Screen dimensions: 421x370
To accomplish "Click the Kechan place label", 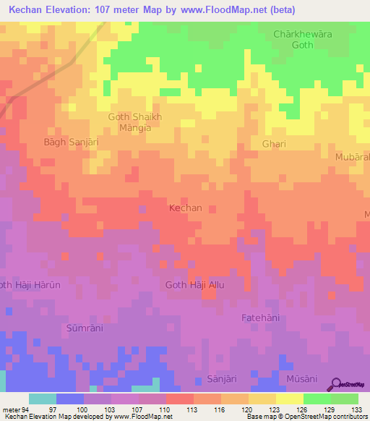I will point(185,208).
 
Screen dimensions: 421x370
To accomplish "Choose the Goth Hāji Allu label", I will point(195,286).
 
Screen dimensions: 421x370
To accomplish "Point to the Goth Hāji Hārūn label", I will point(29,285).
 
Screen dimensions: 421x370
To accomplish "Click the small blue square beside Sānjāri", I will point(200,380).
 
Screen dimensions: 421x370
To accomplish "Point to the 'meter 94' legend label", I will point(13,409).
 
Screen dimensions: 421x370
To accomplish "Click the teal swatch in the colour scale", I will point(43,399).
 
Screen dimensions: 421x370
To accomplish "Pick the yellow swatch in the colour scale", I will point(290,399).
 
